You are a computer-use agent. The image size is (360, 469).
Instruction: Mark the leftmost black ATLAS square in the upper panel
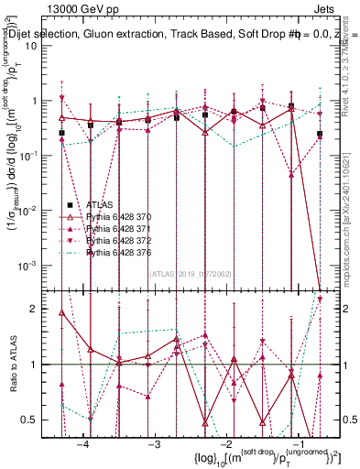click(x=62, y=134)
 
